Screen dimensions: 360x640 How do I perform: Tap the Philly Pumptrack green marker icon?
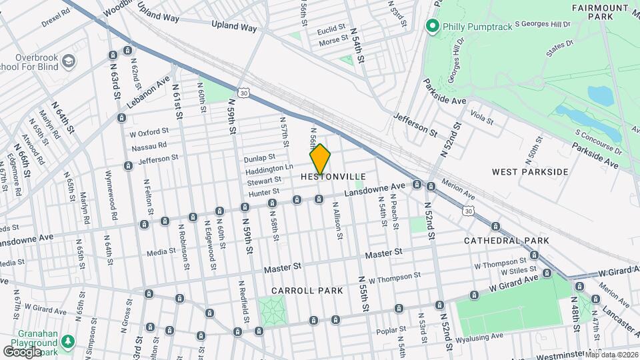point(432,26)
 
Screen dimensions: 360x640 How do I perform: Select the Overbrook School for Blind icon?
point(69,62)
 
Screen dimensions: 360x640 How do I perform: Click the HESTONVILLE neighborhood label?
point(333,177)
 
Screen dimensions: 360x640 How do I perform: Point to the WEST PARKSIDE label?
point(530,172)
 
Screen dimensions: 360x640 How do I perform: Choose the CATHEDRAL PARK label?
point(506,240)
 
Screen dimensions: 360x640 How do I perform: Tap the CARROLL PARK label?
point(307,291)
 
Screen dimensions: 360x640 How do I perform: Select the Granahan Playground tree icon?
point(67,342)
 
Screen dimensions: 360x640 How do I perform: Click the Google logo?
point(22,351)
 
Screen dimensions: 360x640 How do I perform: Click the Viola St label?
point(480,121)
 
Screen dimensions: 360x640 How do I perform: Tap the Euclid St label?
point(331,29)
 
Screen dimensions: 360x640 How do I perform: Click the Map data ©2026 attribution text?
point(611,354)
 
